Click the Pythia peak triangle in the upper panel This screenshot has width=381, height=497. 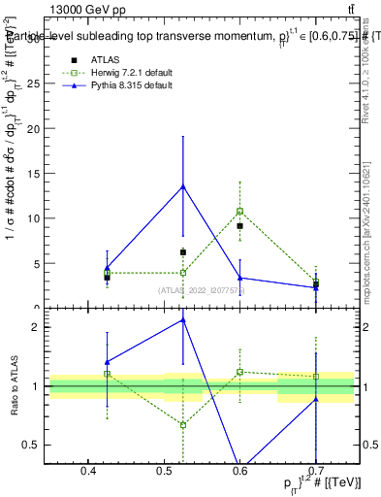[x=183, y=186]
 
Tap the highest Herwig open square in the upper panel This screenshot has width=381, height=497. [x=239, y=211]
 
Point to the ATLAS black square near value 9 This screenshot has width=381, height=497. [x=239, y=226]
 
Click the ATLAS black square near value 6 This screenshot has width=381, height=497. [x=183, y=252]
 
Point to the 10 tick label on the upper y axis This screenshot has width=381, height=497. [x=33, y=218]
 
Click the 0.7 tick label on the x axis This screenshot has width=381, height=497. [x=316, y=471]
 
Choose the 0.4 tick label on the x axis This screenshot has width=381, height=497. [x=88, y=471]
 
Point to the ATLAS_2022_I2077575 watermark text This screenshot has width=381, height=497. [x=202, y=290]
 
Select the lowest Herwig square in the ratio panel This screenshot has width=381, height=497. [x=183, y=425]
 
